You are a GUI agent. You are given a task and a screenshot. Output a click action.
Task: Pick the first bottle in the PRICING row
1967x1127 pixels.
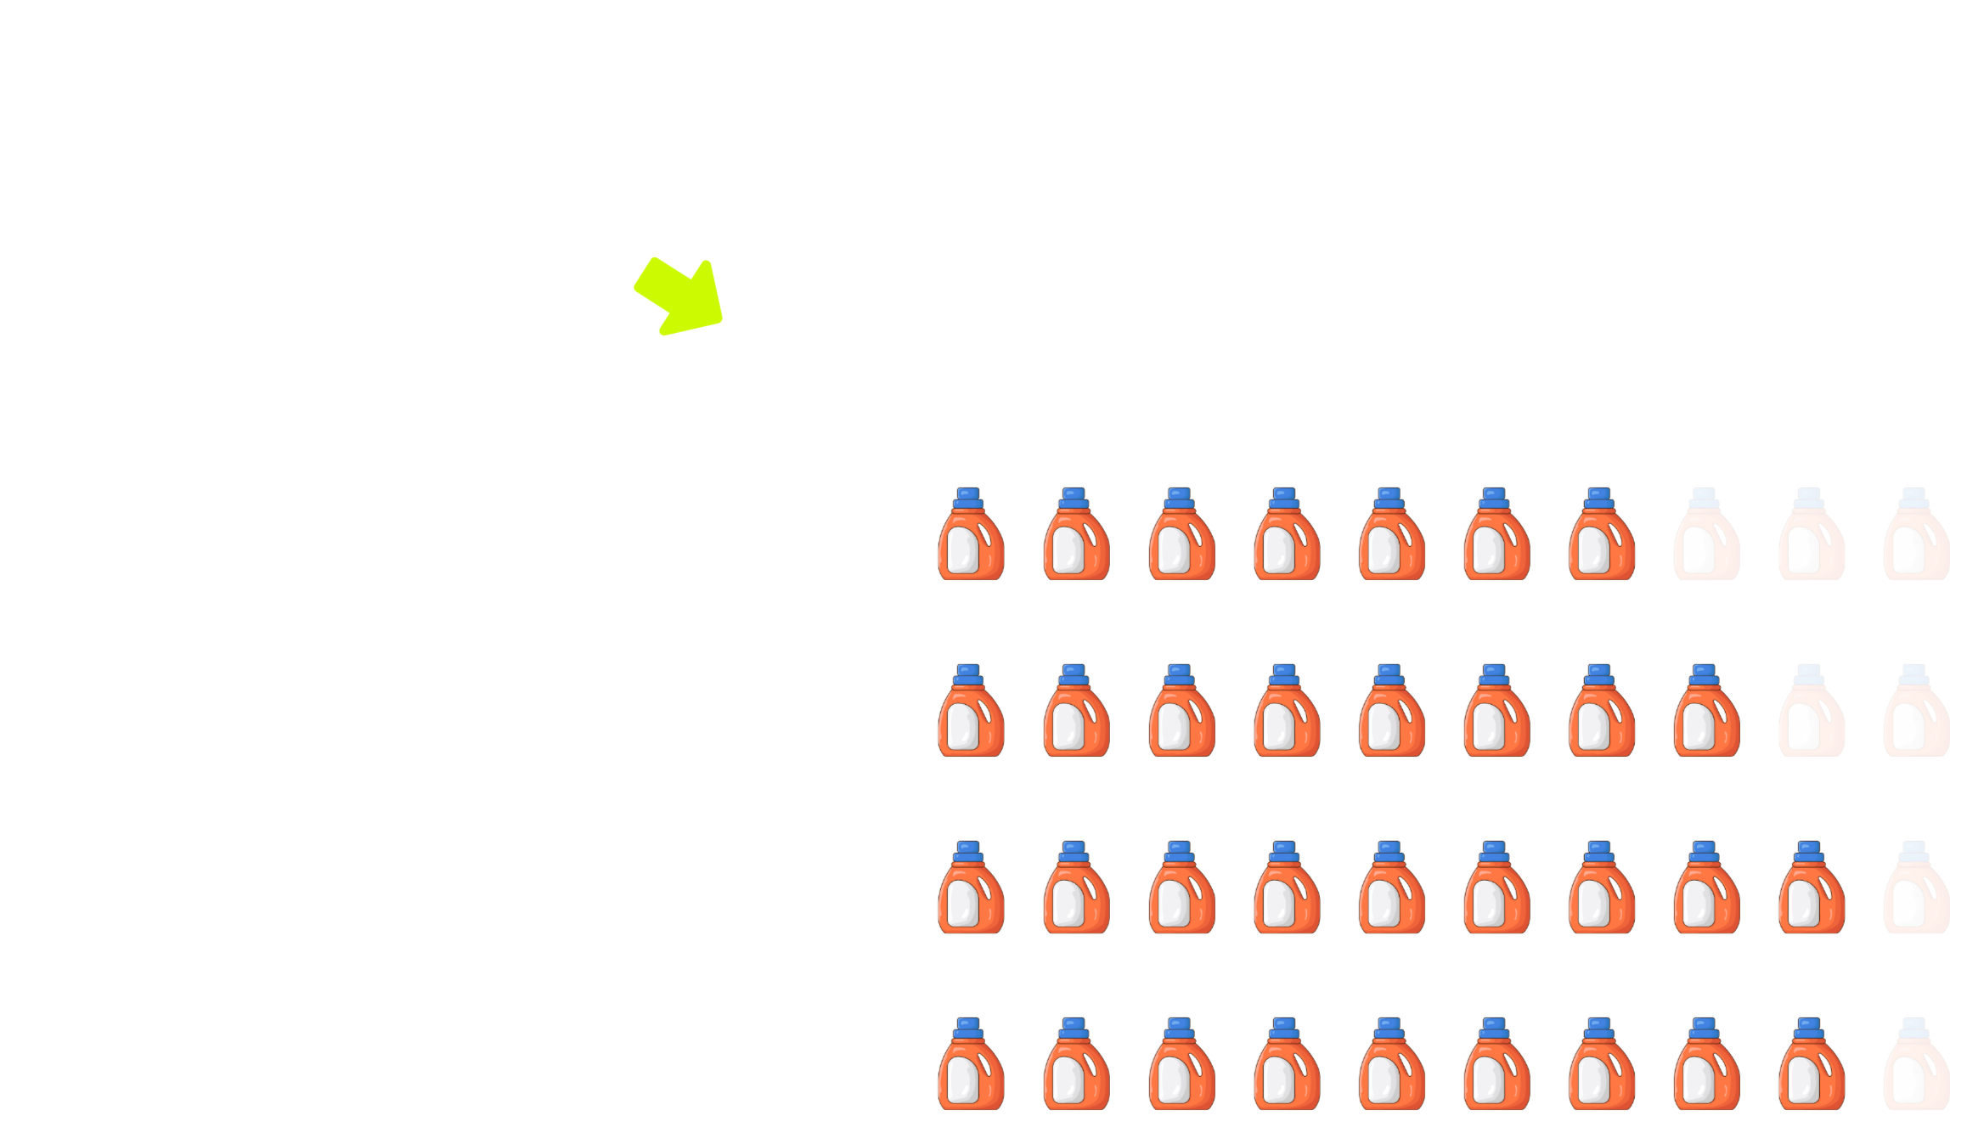971,535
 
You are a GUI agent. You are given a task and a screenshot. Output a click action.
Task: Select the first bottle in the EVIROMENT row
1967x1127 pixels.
971,712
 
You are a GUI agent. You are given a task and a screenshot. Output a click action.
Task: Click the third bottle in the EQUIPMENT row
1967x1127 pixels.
1181,888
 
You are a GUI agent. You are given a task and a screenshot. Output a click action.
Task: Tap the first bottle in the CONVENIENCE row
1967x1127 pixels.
971,1065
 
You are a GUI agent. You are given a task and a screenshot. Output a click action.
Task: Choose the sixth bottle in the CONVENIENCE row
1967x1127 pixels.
1496,1065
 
